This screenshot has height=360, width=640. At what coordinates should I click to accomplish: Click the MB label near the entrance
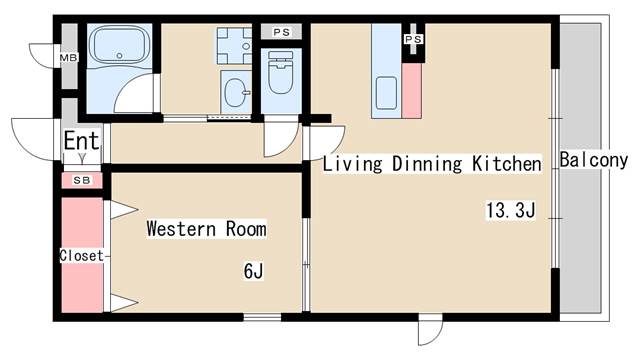[68, 58]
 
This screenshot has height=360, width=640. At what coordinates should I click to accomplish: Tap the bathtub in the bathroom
[120, 45]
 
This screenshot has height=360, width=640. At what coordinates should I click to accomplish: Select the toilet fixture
[280, 72]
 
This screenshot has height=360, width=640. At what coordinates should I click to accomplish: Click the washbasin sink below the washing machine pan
[236, 92]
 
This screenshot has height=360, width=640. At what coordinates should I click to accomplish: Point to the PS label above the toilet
[281, 32]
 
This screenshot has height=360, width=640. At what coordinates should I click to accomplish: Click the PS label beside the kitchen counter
[413, 39]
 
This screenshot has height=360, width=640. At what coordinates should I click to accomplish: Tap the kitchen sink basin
[386, 93]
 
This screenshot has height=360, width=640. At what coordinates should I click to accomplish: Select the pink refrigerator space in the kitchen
[411, 91]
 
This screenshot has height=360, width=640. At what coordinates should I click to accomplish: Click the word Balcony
[593, 160]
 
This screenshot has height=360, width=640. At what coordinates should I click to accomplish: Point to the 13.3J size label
[510, 210]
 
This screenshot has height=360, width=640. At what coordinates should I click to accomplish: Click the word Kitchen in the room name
[507, 164]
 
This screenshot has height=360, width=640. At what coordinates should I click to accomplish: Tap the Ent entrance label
[82, 140]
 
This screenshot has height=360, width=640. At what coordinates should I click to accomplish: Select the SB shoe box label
[82, 180]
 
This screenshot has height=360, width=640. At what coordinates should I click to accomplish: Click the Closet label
[82, 256]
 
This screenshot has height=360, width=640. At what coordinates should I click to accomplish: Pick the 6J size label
[253, 271]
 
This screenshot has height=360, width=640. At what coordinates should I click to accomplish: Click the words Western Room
[206, 229]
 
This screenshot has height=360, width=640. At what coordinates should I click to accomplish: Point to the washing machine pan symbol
[234, 46]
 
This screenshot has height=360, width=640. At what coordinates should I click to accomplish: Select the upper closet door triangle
[122, 210]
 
